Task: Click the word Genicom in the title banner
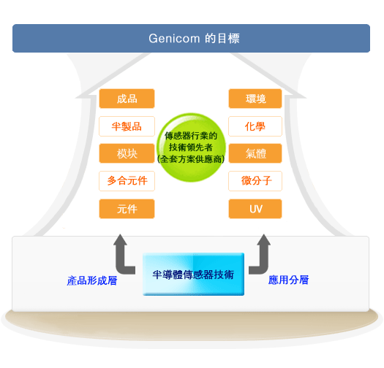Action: [x=174, y=39]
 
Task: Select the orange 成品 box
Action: [x=127, y=99]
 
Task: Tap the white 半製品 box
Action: [x=127, y=126]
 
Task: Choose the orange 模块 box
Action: [x=127, y=153]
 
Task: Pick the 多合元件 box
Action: [x=127, y=181]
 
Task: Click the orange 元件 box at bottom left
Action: [x=127, y=209]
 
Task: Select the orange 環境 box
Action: [x=255, y=99]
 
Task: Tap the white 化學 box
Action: [x=255, y=126]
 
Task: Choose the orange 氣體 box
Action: [x=255, y=153]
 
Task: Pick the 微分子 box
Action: [x=255, y=181]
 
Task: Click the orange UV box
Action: [x=255, y=209]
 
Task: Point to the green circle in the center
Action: [x=191, y=147]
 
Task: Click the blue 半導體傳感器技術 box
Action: [x=194, y=274]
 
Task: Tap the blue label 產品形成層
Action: [x=92, y=280]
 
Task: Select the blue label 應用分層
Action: [x=288, y=280]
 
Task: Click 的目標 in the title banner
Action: [x=222, y=39]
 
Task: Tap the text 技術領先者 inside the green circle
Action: [x=191, y=147]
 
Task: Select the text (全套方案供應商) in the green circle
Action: [x=191, y=159]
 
